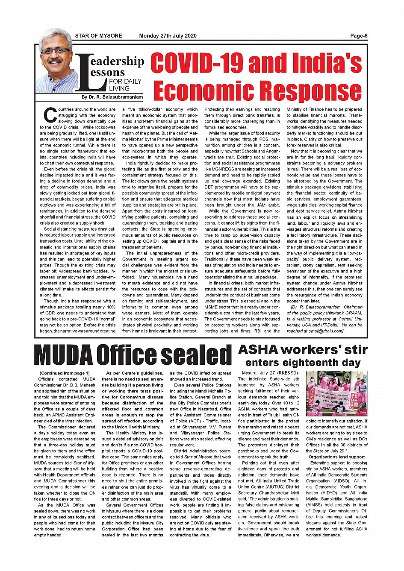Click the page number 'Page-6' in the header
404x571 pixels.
(x=359, y=36)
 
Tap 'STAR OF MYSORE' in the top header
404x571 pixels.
(x=98, y=36)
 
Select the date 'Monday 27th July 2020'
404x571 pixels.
(x=168, y=36)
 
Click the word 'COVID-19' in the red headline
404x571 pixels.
(x=197, y=63)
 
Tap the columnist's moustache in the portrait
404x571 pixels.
(x=56, y=61)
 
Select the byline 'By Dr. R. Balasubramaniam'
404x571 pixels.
(x=112, y=97)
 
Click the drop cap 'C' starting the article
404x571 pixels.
(x=50, y=115)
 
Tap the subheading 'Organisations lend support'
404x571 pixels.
(x=336, y=457)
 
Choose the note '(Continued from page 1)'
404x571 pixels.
(x=65, y=373)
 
